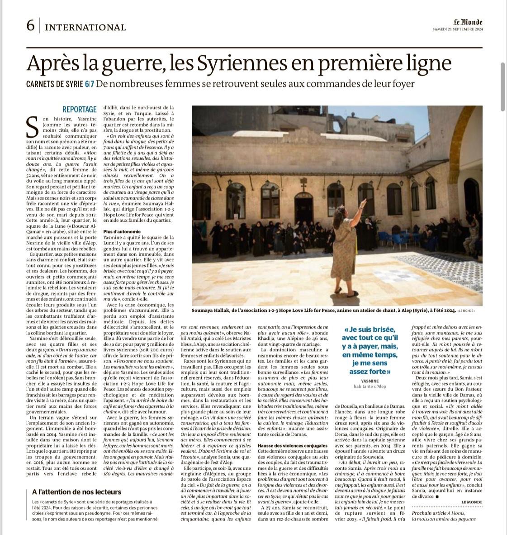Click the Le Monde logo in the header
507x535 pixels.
[x=468, y=22]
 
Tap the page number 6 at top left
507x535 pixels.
[x=30, y=26]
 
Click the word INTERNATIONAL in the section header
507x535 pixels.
[x=85, y=27]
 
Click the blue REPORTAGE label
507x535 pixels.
[x=79, y=109]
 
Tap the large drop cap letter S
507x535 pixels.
[x=33, y=127]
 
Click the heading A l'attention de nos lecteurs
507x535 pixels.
[x=76, y=492]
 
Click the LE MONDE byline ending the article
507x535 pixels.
[x=472, y=502]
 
